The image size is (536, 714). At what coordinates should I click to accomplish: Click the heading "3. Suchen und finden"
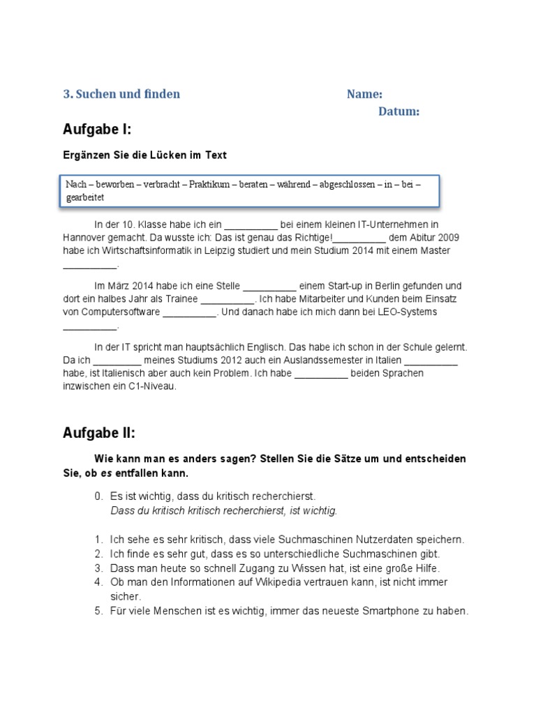(x=122, y=94)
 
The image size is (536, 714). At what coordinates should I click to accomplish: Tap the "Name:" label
(x=364, y=95)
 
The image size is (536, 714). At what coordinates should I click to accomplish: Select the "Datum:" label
(x=399, y=112)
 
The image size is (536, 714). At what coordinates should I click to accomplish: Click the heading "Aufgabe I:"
(x=97, y=130)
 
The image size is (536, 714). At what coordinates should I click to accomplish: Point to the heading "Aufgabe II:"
(x=99, y=433)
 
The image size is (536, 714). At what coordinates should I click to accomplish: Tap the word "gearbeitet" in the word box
(x=84, y=197)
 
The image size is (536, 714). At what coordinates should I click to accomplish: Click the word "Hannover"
(x=84, y=238)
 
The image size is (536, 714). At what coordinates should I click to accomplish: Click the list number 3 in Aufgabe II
(x=98, y=568)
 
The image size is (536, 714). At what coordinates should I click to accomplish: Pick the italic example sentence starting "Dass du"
(x=223, y=510)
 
